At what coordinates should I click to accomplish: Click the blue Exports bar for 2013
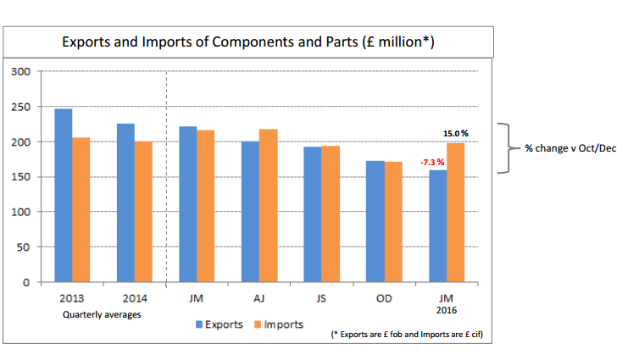pos(63,195)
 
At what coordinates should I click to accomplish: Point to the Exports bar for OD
pos(375,221)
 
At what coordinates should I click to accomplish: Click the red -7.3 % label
pos(430,162)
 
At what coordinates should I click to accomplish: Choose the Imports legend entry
pos(279,324)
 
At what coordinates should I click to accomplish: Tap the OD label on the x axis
pos(384,299)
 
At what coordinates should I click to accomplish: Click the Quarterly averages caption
pos(102,314)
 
